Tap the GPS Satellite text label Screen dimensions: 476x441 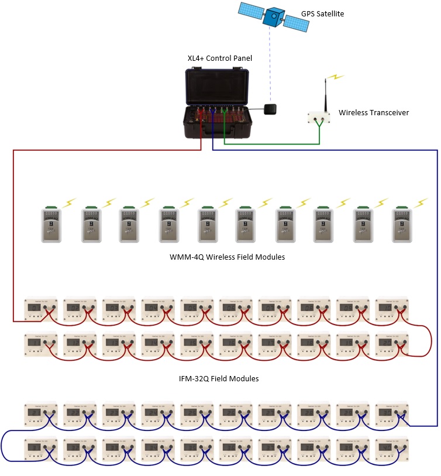[322, 13]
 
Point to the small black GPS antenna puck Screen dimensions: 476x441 [271, 109]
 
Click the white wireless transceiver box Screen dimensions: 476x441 [319, 117]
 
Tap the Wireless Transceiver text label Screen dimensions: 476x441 [374, 112]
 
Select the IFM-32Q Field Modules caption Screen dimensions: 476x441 [219, 379]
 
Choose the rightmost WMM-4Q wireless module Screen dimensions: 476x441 [403, 225]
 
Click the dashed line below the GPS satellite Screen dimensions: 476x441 [270, 64]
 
